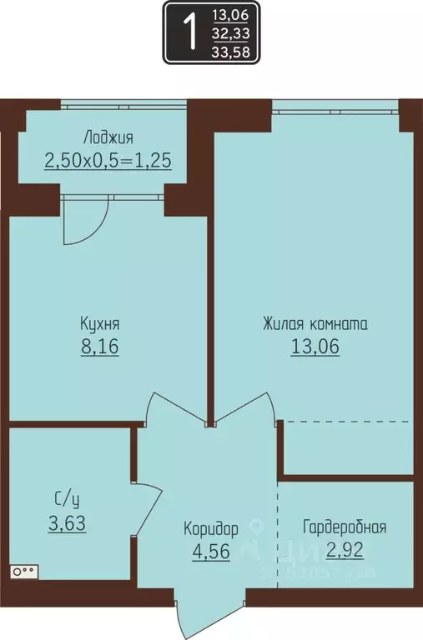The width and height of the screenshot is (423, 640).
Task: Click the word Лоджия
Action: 108,137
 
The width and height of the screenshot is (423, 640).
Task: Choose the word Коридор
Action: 211,528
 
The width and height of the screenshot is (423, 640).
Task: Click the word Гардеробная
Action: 344,527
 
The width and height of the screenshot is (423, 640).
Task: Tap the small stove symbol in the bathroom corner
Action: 23,572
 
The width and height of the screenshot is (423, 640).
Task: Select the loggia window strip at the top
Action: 123,106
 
